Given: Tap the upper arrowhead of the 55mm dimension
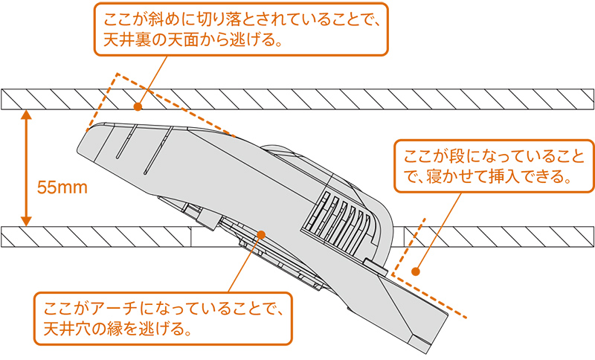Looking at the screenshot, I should click(x=25, y=114).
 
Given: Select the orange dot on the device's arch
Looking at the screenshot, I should click(x=261, y=234).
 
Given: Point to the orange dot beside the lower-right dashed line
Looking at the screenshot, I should click(x=416, y=271).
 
